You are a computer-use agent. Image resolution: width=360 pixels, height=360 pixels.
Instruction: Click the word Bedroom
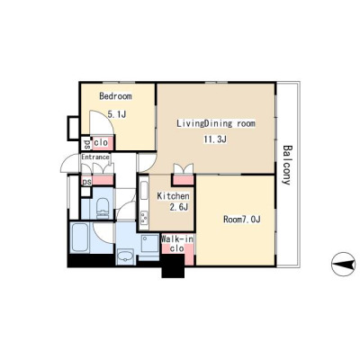[x=115, y=96]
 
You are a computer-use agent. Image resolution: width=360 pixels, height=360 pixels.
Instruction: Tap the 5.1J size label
[x=116, y=114]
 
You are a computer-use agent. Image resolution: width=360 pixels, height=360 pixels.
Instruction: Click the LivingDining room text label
[x=216, y=123]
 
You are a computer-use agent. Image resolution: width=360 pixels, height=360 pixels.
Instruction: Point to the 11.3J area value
[x=215, y=139]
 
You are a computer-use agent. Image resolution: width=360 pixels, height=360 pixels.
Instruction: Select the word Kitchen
[x=174, y=196]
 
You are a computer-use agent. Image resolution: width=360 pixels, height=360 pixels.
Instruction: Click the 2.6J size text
[x=179, y=207]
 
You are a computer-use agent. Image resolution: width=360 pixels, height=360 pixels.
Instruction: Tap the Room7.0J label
[x=242, y=220]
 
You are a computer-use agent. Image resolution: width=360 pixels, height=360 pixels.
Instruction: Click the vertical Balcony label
[x=287, y=165]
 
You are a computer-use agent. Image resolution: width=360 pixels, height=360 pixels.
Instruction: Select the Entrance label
[x=95, y=157]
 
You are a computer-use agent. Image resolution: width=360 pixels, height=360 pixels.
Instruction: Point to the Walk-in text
[x=177, y=239]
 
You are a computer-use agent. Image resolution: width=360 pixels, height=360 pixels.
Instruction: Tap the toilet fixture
[x=103, y=208]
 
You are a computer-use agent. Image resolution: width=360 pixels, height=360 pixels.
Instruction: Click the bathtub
[x=80, y=238]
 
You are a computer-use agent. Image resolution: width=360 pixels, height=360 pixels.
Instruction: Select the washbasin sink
[x=126, y=257]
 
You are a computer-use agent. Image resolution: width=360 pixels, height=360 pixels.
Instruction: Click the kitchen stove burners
[x=144, y=218]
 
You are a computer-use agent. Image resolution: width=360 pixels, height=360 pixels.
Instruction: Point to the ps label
[x=86, y=182]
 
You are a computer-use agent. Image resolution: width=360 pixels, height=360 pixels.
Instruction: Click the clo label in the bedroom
[x=101, y=143]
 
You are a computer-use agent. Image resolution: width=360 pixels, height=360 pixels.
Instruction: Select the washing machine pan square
[x=150, y=245]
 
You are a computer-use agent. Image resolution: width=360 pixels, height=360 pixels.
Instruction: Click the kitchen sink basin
[x=144, y=192]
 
